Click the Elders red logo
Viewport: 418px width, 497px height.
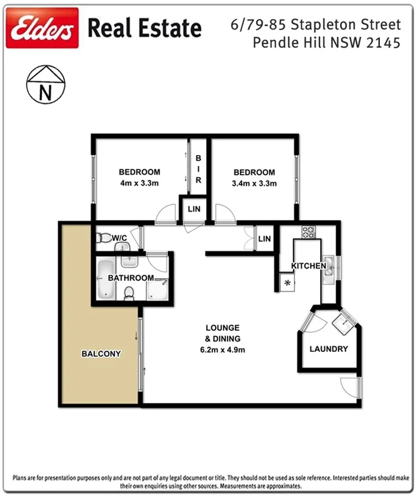coord(42,28)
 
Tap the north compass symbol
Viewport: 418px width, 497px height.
coord(46,83)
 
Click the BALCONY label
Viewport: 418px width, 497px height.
coord(101,354)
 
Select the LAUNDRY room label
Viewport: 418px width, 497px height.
coord(328,349)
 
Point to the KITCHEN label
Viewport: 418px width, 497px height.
coord(308,266)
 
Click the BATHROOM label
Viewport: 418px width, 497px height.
coord(131,278)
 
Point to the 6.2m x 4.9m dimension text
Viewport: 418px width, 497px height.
coord(222,349)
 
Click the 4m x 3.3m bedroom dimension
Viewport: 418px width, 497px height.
coord(140,183)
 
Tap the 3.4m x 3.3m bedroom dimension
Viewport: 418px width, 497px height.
coord(255,183)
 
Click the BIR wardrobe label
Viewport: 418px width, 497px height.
coord(198,169)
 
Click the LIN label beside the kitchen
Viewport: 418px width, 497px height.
coord(264,238)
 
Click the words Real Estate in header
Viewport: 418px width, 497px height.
coord(144,28)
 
